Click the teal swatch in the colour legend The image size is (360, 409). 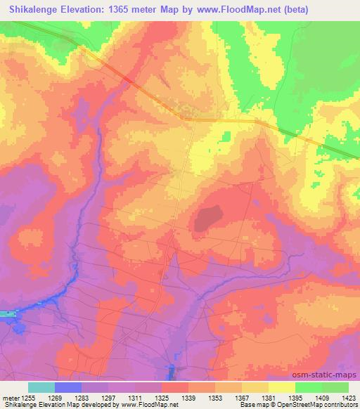(x=41, y=387)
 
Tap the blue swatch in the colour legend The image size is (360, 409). (x=67, y=387)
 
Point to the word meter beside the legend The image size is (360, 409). (x=9, y=397)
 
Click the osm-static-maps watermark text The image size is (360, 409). (x=329, y=376)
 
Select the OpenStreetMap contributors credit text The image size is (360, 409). (x=324, y=405)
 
